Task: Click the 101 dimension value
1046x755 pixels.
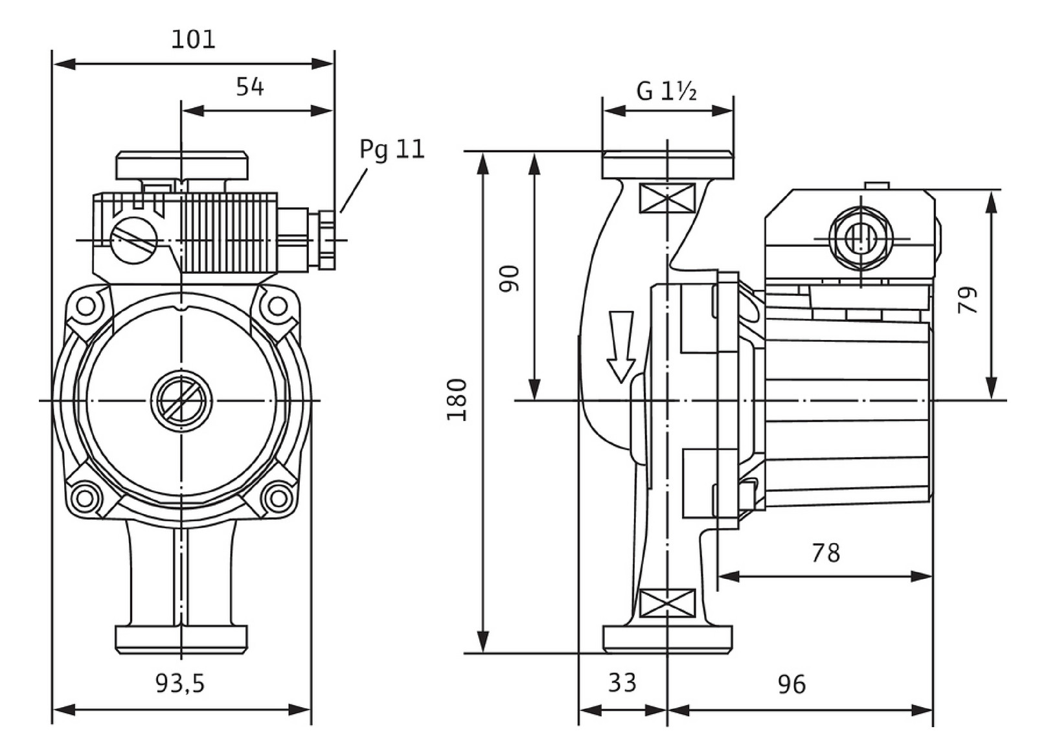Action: [x=193, y=40]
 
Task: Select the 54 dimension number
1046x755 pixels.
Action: [x=250, y=87]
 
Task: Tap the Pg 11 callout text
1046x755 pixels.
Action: [x=392, y=150]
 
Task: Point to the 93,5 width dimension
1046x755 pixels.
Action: [x=180, y=683]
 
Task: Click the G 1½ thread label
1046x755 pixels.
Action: [x=666, y=91]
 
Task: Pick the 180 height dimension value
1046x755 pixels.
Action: [x=457, y=400]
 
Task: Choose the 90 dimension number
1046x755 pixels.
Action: [x=510, y=278]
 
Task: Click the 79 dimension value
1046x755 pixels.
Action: [x=968, y=300]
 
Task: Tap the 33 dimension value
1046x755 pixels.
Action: [x=622, y=682]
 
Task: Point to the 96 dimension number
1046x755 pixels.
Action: [x=791, y=684]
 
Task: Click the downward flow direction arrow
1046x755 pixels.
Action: [x=621, y=346]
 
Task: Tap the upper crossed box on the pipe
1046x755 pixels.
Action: [x=666, y=197]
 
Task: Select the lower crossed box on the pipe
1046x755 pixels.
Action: [x=666, y=603]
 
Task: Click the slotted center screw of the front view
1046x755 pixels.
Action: [x=181, y=401]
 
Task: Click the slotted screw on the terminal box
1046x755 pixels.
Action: [x=134, y=240]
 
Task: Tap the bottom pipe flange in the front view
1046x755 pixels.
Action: [x=181, y=638]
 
